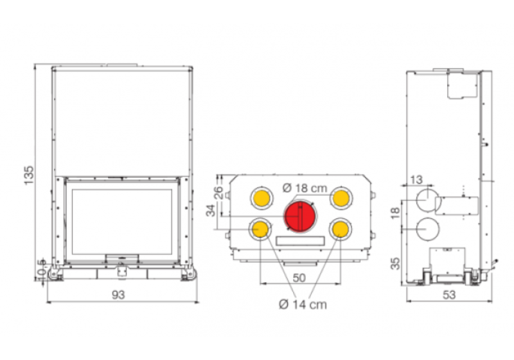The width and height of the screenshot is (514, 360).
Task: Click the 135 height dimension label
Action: click(29, 175)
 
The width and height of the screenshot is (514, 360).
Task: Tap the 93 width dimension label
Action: click(118, 294)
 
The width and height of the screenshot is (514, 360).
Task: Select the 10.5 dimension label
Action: click(41, 270)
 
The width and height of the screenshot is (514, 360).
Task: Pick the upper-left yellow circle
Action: click(261, 198)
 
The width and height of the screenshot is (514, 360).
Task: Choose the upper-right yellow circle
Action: click(341, 198)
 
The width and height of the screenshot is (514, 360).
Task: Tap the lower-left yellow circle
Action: click(261, 229)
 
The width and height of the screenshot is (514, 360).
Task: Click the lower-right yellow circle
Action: click(341, 229)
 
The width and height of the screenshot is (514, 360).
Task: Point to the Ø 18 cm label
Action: click(305, 188)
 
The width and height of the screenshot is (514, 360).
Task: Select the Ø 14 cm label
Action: click(303, 305)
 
